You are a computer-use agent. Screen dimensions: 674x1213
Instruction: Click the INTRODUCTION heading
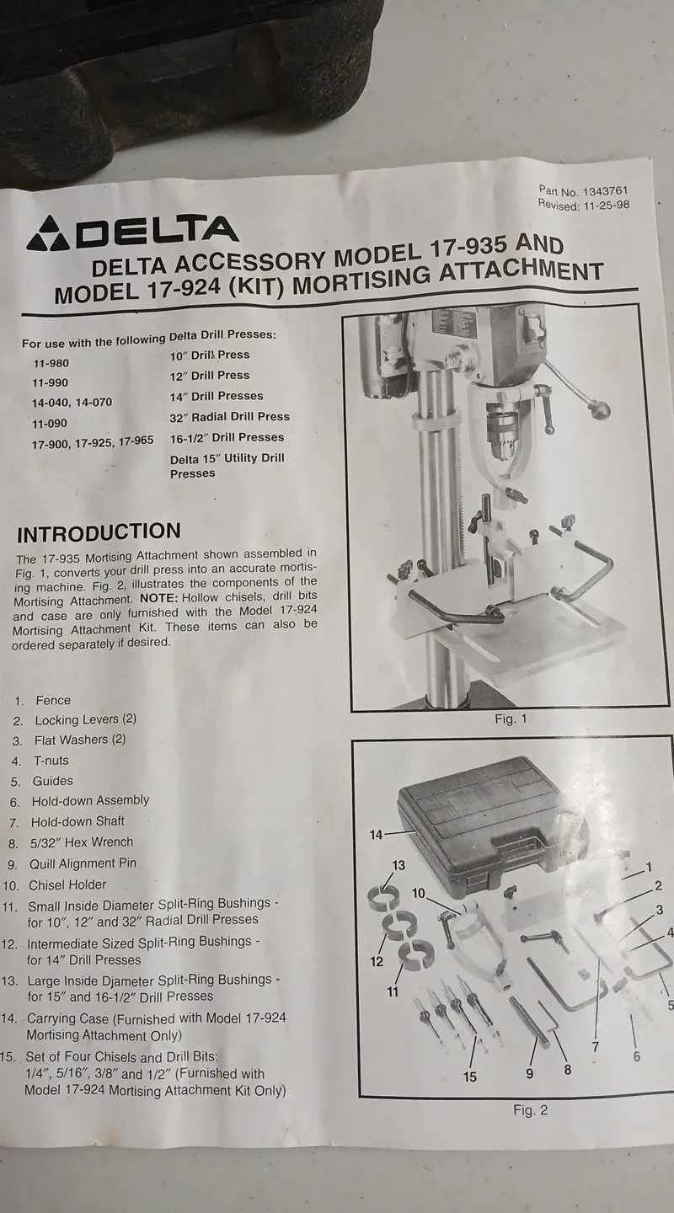click(99, 532)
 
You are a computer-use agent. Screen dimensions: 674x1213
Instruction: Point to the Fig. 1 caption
click(511, 719)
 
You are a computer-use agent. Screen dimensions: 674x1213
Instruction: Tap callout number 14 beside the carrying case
click(376, 835)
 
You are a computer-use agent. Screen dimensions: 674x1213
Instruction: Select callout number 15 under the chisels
click(470, 1077)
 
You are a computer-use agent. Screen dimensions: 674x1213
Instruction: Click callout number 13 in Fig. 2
click(399, 865)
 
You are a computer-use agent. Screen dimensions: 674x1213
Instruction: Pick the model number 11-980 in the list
click(51, 363)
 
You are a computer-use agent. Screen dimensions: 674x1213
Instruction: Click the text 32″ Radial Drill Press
click(230, 417)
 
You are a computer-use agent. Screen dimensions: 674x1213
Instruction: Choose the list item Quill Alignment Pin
click(83, 863)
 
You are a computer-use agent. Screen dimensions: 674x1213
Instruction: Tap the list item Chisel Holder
click(67, 884)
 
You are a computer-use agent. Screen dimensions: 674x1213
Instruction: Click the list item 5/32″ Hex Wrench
click(81, 842)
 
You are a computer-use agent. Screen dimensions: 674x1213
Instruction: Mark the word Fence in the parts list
click(53, 700)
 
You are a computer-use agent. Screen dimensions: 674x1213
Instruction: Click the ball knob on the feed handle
click(600, 409)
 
